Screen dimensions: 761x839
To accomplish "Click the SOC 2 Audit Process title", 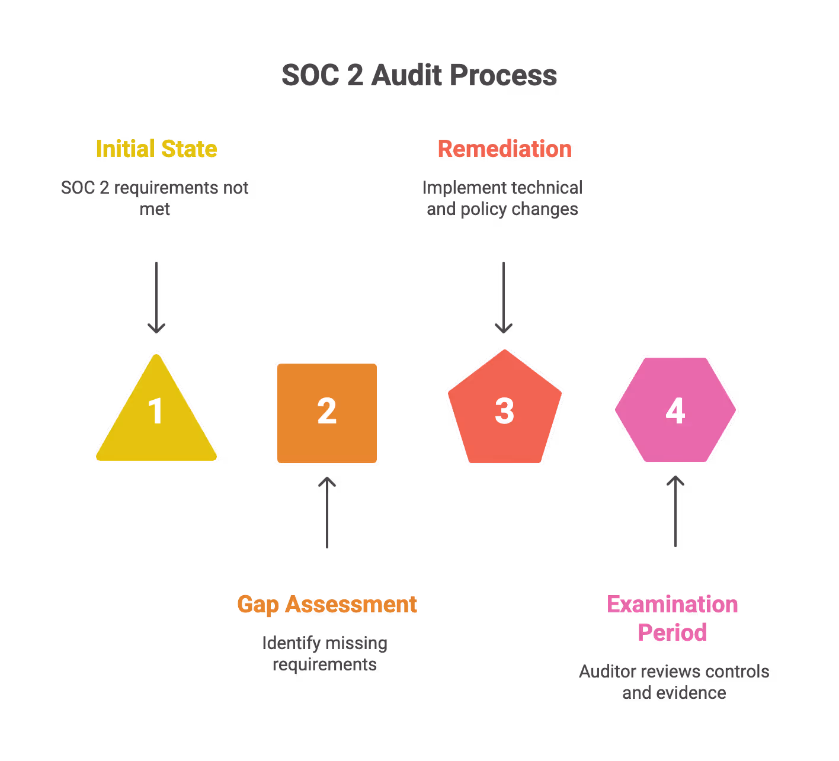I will [419, 76].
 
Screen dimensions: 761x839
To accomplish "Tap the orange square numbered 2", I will [327, 413].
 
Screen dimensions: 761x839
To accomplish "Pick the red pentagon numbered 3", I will [504, 410].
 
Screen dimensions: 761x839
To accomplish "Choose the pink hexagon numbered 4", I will [675, 410].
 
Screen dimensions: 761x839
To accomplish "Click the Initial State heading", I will [156, 149].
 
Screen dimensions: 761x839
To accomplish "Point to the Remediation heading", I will [504, 149].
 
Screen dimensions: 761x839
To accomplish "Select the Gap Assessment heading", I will [327, 604].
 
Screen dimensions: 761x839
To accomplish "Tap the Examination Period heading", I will [673, 618].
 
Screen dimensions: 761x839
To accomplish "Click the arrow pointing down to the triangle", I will [156, 297].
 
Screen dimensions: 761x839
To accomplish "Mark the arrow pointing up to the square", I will [327, 512].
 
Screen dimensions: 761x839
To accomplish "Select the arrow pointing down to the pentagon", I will [504, 297].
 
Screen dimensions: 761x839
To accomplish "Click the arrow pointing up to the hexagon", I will [675, 511].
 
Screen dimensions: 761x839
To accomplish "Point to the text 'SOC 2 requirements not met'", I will [155, 198].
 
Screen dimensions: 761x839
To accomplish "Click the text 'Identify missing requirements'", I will [325, 653].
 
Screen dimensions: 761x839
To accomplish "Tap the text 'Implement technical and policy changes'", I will [502, 198].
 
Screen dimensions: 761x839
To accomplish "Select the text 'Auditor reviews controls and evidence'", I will [674, 682].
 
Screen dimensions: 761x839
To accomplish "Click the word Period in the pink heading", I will [673, 632].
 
